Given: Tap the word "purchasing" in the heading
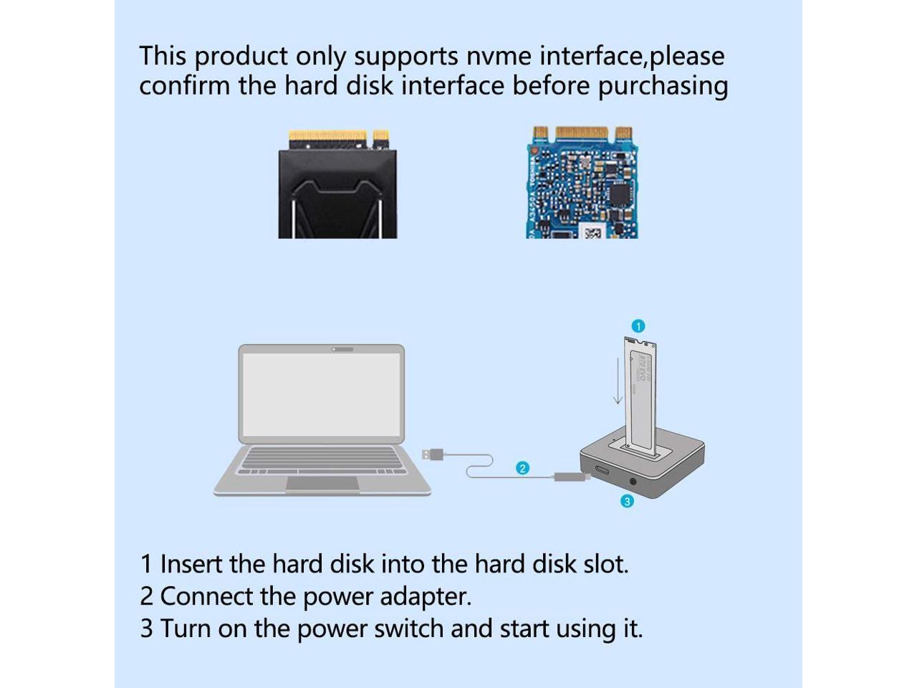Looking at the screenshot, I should [663, 86].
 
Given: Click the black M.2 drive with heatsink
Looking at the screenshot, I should [337, 190].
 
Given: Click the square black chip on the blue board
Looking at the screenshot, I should [619, 195].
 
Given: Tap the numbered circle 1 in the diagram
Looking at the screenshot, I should [638, 326].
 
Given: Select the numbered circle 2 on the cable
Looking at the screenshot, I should [523, 468].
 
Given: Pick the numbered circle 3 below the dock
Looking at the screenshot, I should [627, 501].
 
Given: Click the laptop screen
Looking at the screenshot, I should [322, 395].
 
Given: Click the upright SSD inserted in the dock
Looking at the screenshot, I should [643, 394].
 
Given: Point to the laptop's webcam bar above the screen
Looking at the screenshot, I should [342, 349].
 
